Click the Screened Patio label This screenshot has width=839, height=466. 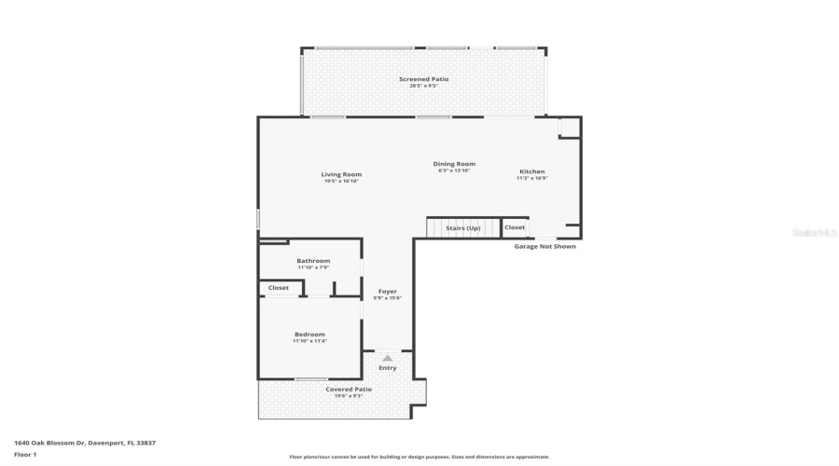(424, 79)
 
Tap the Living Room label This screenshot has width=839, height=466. (341, 174)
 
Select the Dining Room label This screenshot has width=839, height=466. (454, 164)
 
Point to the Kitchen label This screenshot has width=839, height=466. (532, 171)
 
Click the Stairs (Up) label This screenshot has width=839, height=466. (463, 227)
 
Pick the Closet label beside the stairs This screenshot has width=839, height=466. (515, 227)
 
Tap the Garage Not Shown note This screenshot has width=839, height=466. (545, 246)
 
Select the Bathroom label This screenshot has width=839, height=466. (313, 261)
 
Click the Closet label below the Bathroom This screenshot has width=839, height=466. (279, 288)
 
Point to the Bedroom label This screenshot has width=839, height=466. (310, 335)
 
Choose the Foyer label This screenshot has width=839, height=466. (388, 292)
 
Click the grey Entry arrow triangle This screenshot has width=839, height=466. (388, 357)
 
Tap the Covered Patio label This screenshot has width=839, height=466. (349, 389)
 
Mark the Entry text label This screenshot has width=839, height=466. (388, 368)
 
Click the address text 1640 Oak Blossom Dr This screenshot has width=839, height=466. (85, 443)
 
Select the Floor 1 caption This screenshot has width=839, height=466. (25, 454)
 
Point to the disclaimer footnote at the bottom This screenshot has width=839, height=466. (419, 457)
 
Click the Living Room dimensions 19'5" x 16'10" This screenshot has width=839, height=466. (341, 181)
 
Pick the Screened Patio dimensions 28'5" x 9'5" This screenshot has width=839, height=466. (424, 86)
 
